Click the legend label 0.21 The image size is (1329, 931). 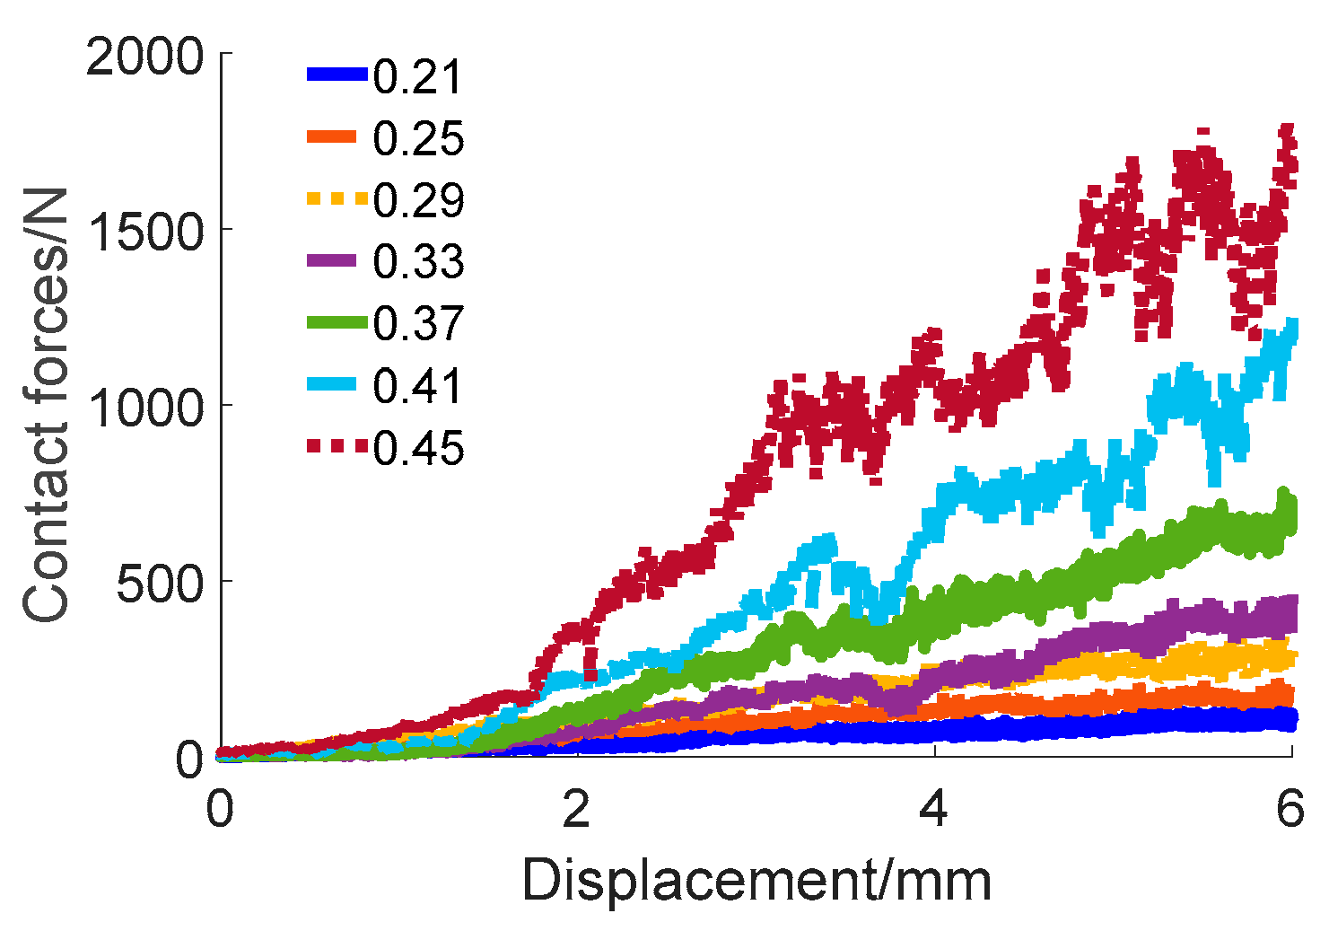(x=417, y=77)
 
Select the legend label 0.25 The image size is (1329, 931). (x=417, y=139)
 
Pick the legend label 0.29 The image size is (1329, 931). (x=417, y=200)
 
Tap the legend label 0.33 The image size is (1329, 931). (x=417, y=262)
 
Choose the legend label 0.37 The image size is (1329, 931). (x=417, y=323)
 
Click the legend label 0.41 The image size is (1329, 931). (x=417, y=386)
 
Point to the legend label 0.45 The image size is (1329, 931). (x=417, y=447)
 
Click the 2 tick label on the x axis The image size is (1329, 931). (x=576, y=810)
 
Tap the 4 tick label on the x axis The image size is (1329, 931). (x=934, y=810)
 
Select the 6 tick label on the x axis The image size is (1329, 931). (x=1290, y=810)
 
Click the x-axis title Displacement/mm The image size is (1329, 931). (x=756, y=881)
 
